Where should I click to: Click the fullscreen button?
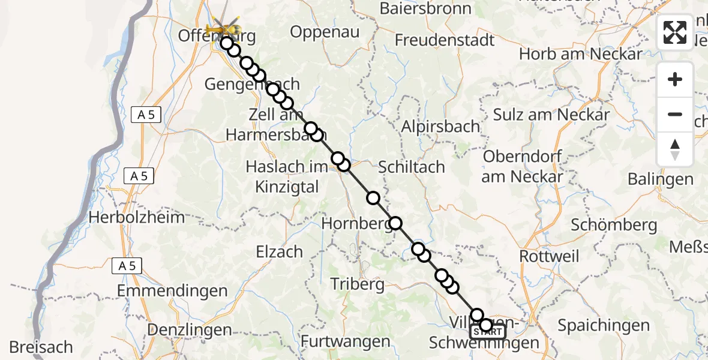coord(675,32)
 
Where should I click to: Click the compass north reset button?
coord(675,149)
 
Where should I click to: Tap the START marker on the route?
coord(488,332)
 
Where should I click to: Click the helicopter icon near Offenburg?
coord(223,29)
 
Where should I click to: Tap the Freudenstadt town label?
coord(445,40)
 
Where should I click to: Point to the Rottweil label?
coord(549,256)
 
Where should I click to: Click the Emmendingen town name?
coord(172,291)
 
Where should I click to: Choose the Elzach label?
coord(279,251)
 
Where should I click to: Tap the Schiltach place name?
coord(411,167)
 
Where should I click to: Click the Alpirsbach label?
coord(440,127)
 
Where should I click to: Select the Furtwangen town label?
coord(345,342)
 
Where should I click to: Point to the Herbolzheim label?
coord(137,217)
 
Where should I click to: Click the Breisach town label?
coord(41,347)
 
